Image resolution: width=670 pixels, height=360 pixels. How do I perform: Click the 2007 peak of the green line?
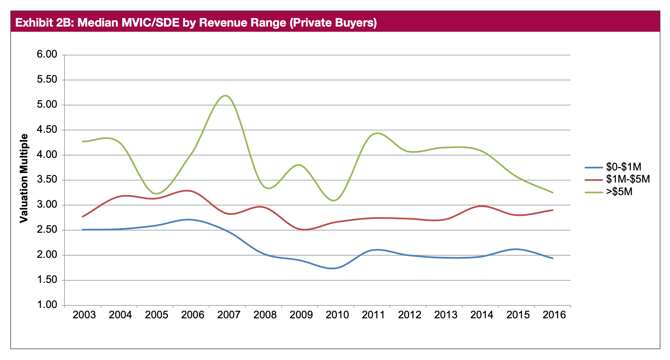[x=226, y=96]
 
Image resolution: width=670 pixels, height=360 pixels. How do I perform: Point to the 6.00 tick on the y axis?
[x=47, y=55]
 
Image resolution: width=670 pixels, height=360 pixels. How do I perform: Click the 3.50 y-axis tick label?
[x=47, y=180]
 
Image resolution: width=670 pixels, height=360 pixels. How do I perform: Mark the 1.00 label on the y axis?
[x=47, y=305]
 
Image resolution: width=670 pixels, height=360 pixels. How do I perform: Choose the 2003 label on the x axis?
[x=84, y=315]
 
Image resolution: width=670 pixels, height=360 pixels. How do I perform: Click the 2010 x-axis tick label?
[x=337, y=315]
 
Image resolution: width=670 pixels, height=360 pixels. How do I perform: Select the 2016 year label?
[x=554, y=315]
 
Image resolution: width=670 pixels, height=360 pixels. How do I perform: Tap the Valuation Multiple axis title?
[x=24, y=179]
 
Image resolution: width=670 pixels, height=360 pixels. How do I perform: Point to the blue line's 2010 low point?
[x=334, y=268]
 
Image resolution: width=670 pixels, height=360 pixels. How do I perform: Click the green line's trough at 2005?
[x=156, y=193]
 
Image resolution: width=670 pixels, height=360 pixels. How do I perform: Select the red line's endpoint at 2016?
[x=553, y=210]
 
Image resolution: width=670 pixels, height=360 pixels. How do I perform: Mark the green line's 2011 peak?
[x=377, y=133]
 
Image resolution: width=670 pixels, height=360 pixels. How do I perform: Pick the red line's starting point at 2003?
[x=83, y=217]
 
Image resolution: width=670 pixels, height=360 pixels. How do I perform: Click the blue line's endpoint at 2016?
[x=553, y=258]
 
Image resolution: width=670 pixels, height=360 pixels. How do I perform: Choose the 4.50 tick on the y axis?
[x=47, y=130]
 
